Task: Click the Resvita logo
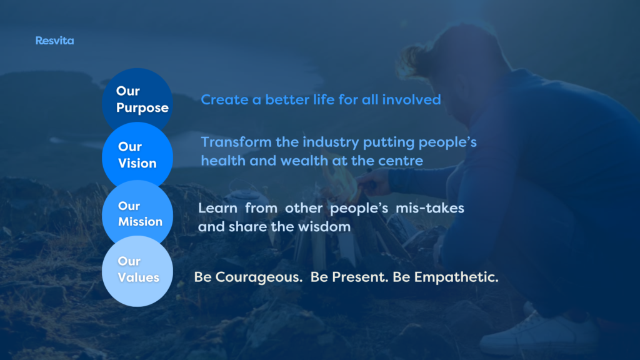[55, 41]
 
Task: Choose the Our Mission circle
[137, 213]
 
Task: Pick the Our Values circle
[137, 271]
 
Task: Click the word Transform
[236, 142]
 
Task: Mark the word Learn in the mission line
[217, 208]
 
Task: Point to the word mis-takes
[430, 208]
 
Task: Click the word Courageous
[259, 277]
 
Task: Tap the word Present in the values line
[359, 277]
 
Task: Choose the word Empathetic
[456, 277]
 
